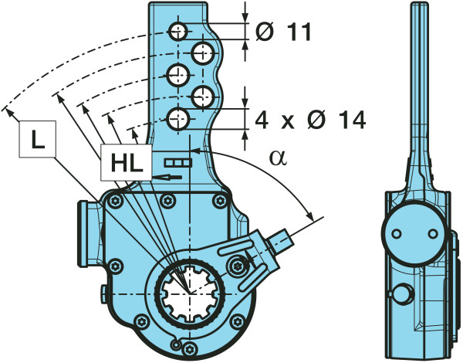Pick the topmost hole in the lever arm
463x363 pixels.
(179, 32)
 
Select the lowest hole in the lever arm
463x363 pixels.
(179, 119)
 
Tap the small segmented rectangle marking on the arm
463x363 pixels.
(177, 162)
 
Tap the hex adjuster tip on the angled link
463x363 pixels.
(283, 239)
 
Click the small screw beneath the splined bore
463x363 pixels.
(178, 344)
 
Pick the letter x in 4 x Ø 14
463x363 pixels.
(287, 120)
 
